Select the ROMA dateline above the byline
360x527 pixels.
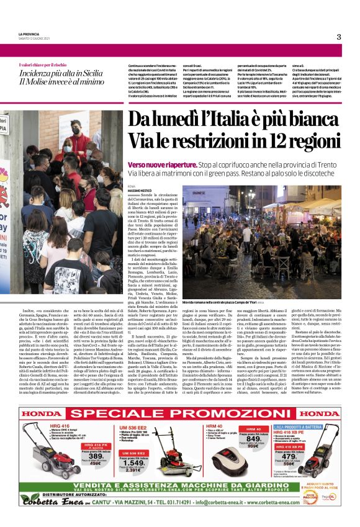[x=131, y=185]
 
